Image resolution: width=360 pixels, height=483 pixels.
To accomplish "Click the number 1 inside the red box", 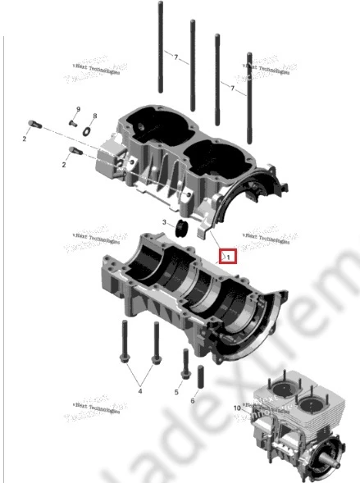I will click(229, 256).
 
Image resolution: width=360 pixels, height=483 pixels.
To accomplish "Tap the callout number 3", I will click(164, 222).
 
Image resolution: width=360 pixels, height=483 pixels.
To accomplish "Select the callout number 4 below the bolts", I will click(139, 390).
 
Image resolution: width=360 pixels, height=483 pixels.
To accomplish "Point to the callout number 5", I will click(176, 393).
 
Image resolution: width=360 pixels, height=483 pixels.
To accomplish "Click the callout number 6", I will click(194, 400).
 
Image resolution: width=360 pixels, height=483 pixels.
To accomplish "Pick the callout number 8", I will click(94, 116).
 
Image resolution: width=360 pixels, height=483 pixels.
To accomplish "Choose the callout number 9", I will click(79, 109).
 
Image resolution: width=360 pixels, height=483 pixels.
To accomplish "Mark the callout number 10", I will click(237, 408).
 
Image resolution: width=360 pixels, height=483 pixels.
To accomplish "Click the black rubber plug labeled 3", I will click(182, 227).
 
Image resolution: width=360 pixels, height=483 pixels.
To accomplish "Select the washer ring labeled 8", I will click(89, 125).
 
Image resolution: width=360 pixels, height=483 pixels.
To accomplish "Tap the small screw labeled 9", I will click(72, 123).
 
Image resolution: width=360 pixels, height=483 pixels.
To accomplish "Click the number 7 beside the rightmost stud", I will click(233, 88).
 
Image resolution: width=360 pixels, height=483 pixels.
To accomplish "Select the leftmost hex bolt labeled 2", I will click(33, 125).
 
